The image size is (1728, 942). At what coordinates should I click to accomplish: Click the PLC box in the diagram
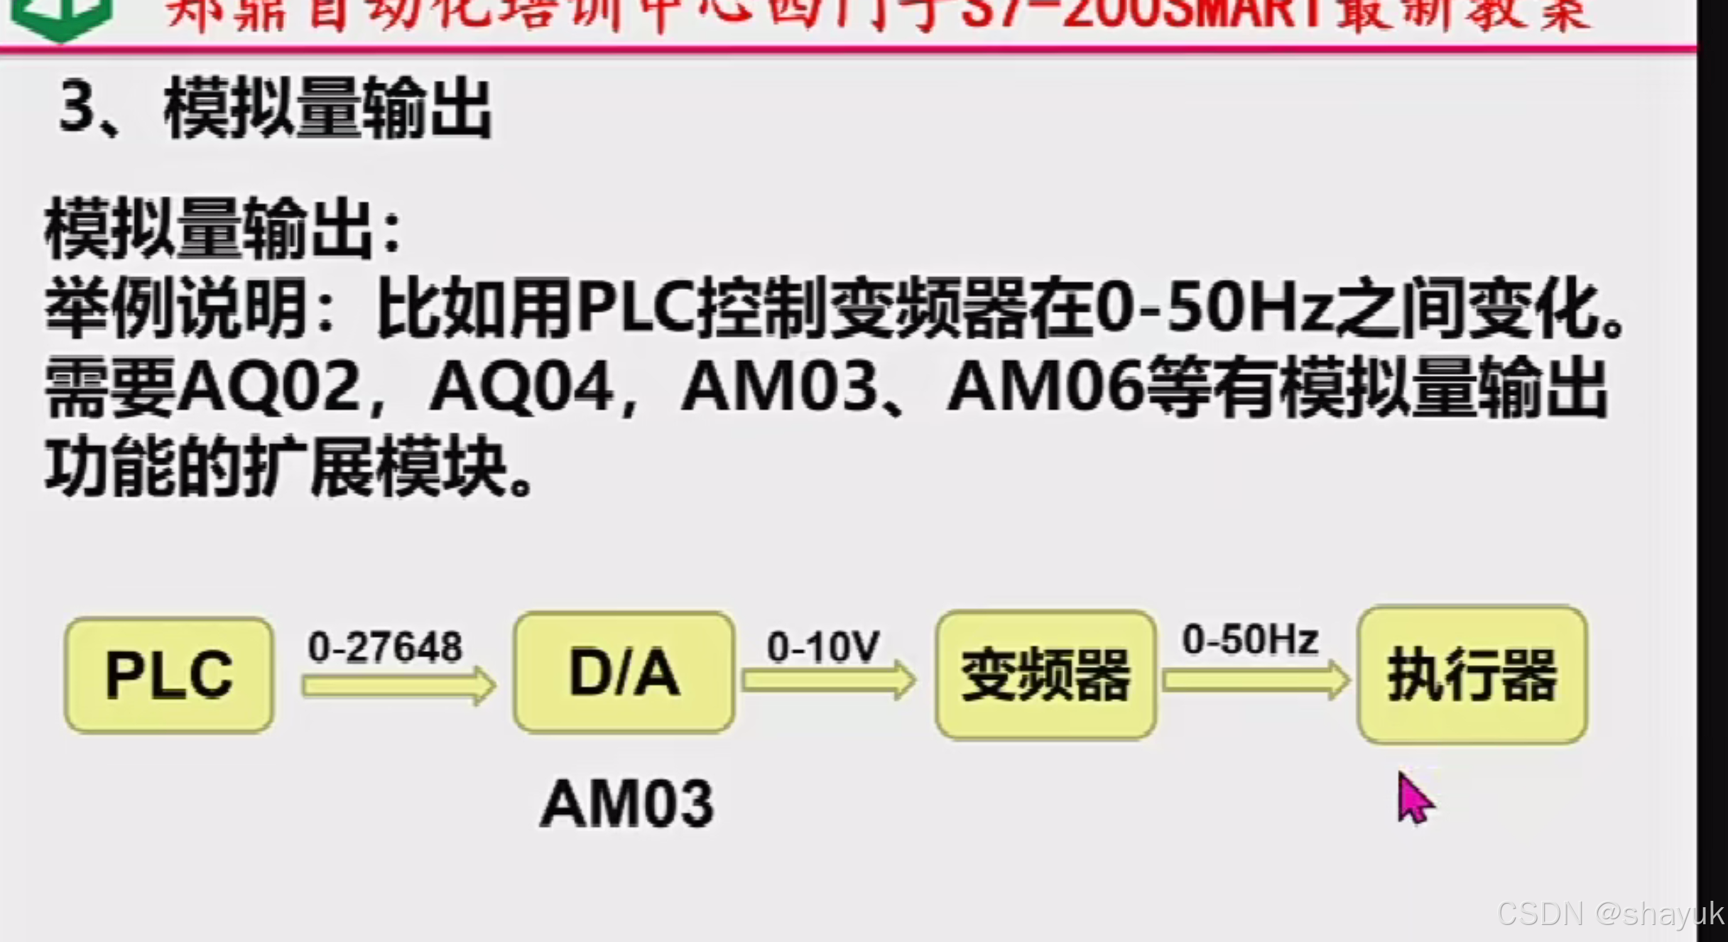click(x=169, y=674)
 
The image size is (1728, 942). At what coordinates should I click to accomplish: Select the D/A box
click(x=624, y=672)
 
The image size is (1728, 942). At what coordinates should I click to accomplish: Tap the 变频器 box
click(x=1045, y=675)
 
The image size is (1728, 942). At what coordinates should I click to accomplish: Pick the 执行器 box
click(x=1472, y=675)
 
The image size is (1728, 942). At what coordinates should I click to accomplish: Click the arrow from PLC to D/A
click(x=398, y=686)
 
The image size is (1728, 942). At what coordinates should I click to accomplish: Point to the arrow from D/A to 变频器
click(x=828, y=680)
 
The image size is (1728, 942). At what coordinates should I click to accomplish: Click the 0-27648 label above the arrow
click(x=385, y=647)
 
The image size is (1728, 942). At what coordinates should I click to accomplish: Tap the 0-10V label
click(x=823, y=646)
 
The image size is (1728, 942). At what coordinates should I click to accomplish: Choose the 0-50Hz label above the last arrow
click(x=1250, y=639)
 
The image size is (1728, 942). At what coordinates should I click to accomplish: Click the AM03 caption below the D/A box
click(x=627, y=803)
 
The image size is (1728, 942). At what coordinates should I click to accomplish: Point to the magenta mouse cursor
click(x=1413, y=798)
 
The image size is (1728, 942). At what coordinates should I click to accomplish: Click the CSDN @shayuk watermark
click(x=1611, y=914)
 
